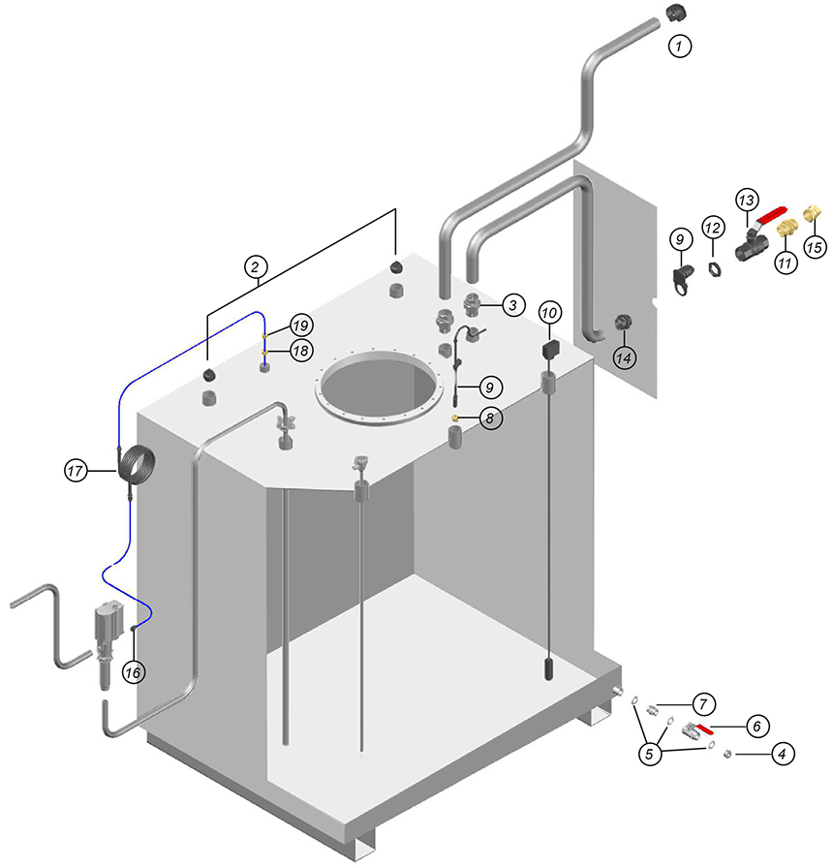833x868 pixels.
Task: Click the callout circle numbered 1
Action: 680,46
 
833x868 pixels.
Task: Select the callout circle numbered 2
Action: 255,267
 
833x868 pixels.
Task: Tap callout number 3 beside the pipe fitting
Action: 513,304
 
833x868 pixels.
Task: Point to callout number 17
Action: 76,471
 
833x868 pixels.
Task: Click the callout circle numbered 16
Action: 134,672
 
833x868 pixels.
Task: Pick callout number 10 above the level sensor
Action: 549,313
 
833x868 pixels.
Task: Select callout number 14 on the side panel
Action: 624,357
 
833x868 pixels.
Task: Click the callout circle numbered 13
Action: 747,200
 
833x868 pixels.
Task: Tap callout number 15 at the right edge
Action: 815,247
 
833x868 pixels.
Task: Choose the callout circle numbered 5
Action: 650,754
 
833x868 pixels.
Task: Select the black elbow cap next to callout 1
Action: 673,13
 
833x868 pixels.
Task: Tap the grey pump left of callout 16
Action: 108,642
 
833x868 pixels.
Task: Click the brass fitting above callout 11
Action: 785,228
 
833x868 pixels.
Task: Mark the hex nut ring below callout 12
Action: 715,269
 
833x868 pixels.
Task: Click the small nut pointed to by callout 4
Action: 727,754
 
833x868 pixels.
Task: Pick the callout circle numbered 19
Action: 301,325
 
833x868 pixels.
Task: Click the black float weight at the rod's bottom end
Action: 548,668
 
